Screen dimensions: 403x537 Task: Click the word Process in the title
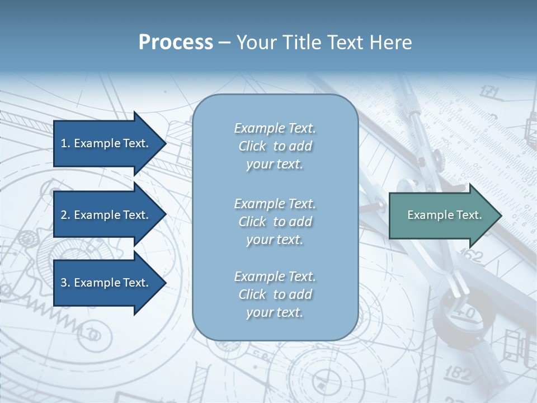pyautogui.click(x=176, y=43)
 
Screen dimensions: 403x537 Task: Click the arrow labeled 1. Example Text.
pyautogui.click(x=106, y=143)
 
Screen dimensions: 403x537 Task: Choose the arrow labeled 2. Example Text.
pyautogui.click(x=106, y=215)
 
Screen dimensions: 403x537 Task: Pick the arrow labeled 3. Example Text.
pyautogui.click(x=106, y=283)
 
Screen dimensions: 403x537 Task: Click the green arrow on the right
pyautogui.click(x=442, y=215)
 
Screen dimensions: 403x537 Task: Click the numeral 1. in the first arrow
pyautogui.click(x=65, y=143)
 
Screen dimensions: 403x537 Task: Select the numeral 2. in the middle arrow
pyautogui.click(x=65, y=215)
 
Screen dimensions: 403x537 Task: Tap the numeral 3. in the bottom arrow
pyautogui.click(x=65, y=283)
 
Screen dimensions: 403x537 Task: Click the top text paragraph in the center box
pyautogui.click(x=275, y=146)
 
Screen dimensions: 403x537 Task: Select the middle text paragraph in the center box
pyautogui.click(x=275, y=221)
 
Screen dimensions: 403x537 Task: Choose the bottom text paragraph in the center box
pyautogui.click(x=275, y=294)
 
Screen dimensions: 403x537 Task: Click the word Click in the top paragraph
pyautogui.click(x=252, y=147)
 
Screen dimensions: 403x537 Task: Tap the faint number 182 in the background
pyautogui.click(x=460, y=372)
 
